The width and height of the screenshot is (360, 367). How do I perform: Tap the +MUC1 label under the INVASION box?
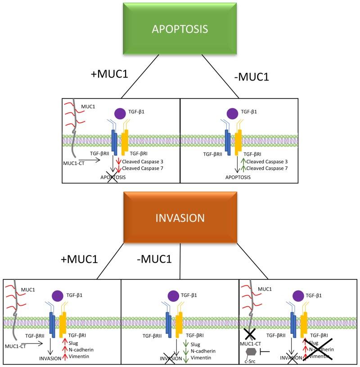tap(80, 260)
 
